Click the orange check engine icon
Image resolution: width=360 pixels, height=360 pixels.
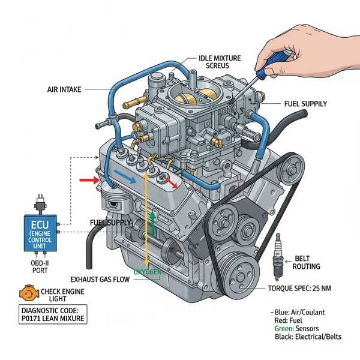coord(27,294)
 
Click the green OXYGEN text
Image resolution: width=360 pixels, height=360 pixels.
coord(148,272)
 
